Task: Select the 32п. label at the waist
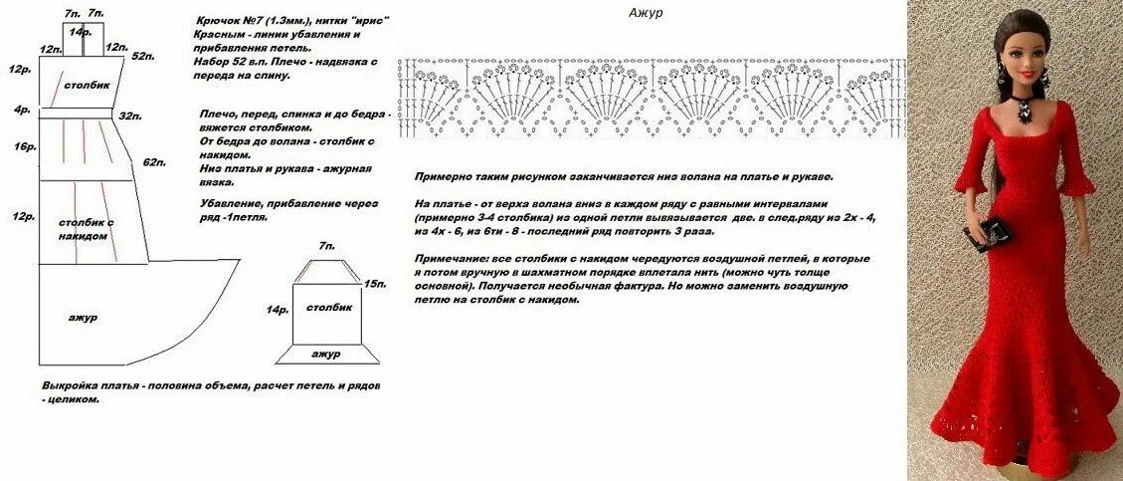click(129, 117)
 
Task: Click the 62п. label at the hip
click(152, 161)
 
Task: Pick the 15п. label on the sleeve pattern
click(374, 284)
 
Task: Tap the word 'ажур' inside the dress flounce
click(81, 317)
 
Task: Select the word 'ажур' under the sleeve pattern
click(325, 354)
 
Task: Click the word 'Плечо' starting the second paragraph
click(219, 115)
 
